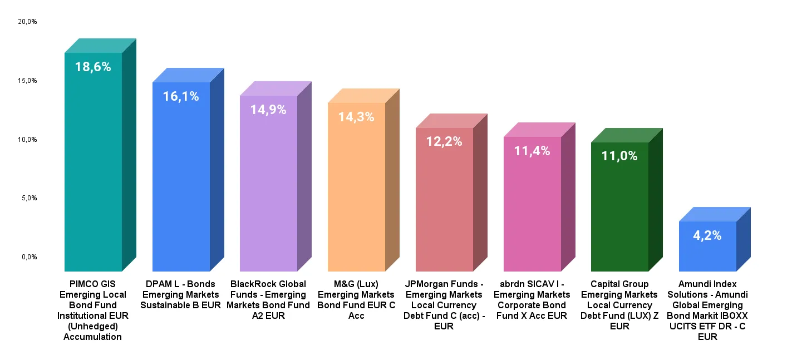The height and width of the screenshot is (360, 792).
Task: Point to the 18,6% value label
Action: coord(93,67)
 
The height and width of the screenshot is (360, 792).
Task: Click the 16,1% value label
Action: coord(181,96)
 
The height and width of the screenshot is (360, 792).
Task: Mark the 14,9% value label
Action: coord(268,110)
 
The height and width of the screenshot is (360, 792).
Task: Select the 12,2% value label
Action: coord(444,141)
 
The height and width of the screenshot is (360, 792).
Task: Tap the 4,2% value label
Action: coord(707,235)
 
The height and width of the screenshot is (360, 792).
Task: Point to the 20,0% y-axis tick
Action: coord(27,22)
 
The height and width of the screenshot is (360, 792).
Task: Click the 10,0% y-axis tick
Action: coord(27,140)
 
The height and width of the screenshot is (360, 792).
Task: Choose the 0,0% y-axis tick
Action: coord(29,257)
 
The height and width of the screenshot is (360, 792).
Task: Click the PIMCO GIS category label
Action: coord(93,310)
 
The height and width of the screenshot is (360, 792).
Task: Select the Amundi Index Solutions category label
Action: coord(707,310)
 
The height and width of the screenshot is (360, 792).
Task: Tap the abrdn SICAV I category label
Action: coord(532,300)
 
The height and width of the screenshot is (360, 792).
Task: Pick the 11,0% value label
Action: coord(619,156)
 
